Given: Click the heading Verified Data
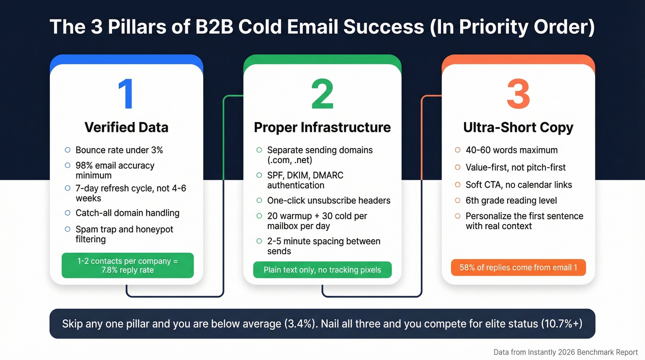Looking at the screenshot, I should [126, 127].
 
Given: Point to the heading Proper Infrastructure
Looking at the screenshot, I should [322, 127].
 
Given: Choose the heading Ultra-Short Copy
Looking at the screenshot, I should [518, 127].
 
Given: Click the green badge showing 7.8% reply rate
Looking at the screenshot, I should [128, 265].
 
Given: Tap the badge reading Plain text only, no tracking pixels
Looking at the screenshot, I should [322, 270].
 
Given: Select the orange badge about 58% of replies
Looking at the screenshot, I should [518, 267].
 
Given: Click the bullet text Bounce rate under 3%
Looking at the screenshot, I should [119, 150].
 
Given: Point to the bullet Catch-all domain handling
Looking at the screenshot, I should [127, 213].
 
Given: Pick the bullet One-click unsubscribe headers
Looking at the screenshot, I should [328, 201].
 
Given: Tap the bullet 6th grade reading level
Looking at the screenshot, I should [511, 201].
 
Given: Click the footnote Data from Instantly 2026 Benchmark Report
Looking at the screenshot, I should [566, 352].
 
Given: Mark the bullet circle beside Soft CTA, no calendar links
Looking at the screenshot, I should [457, 184].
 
